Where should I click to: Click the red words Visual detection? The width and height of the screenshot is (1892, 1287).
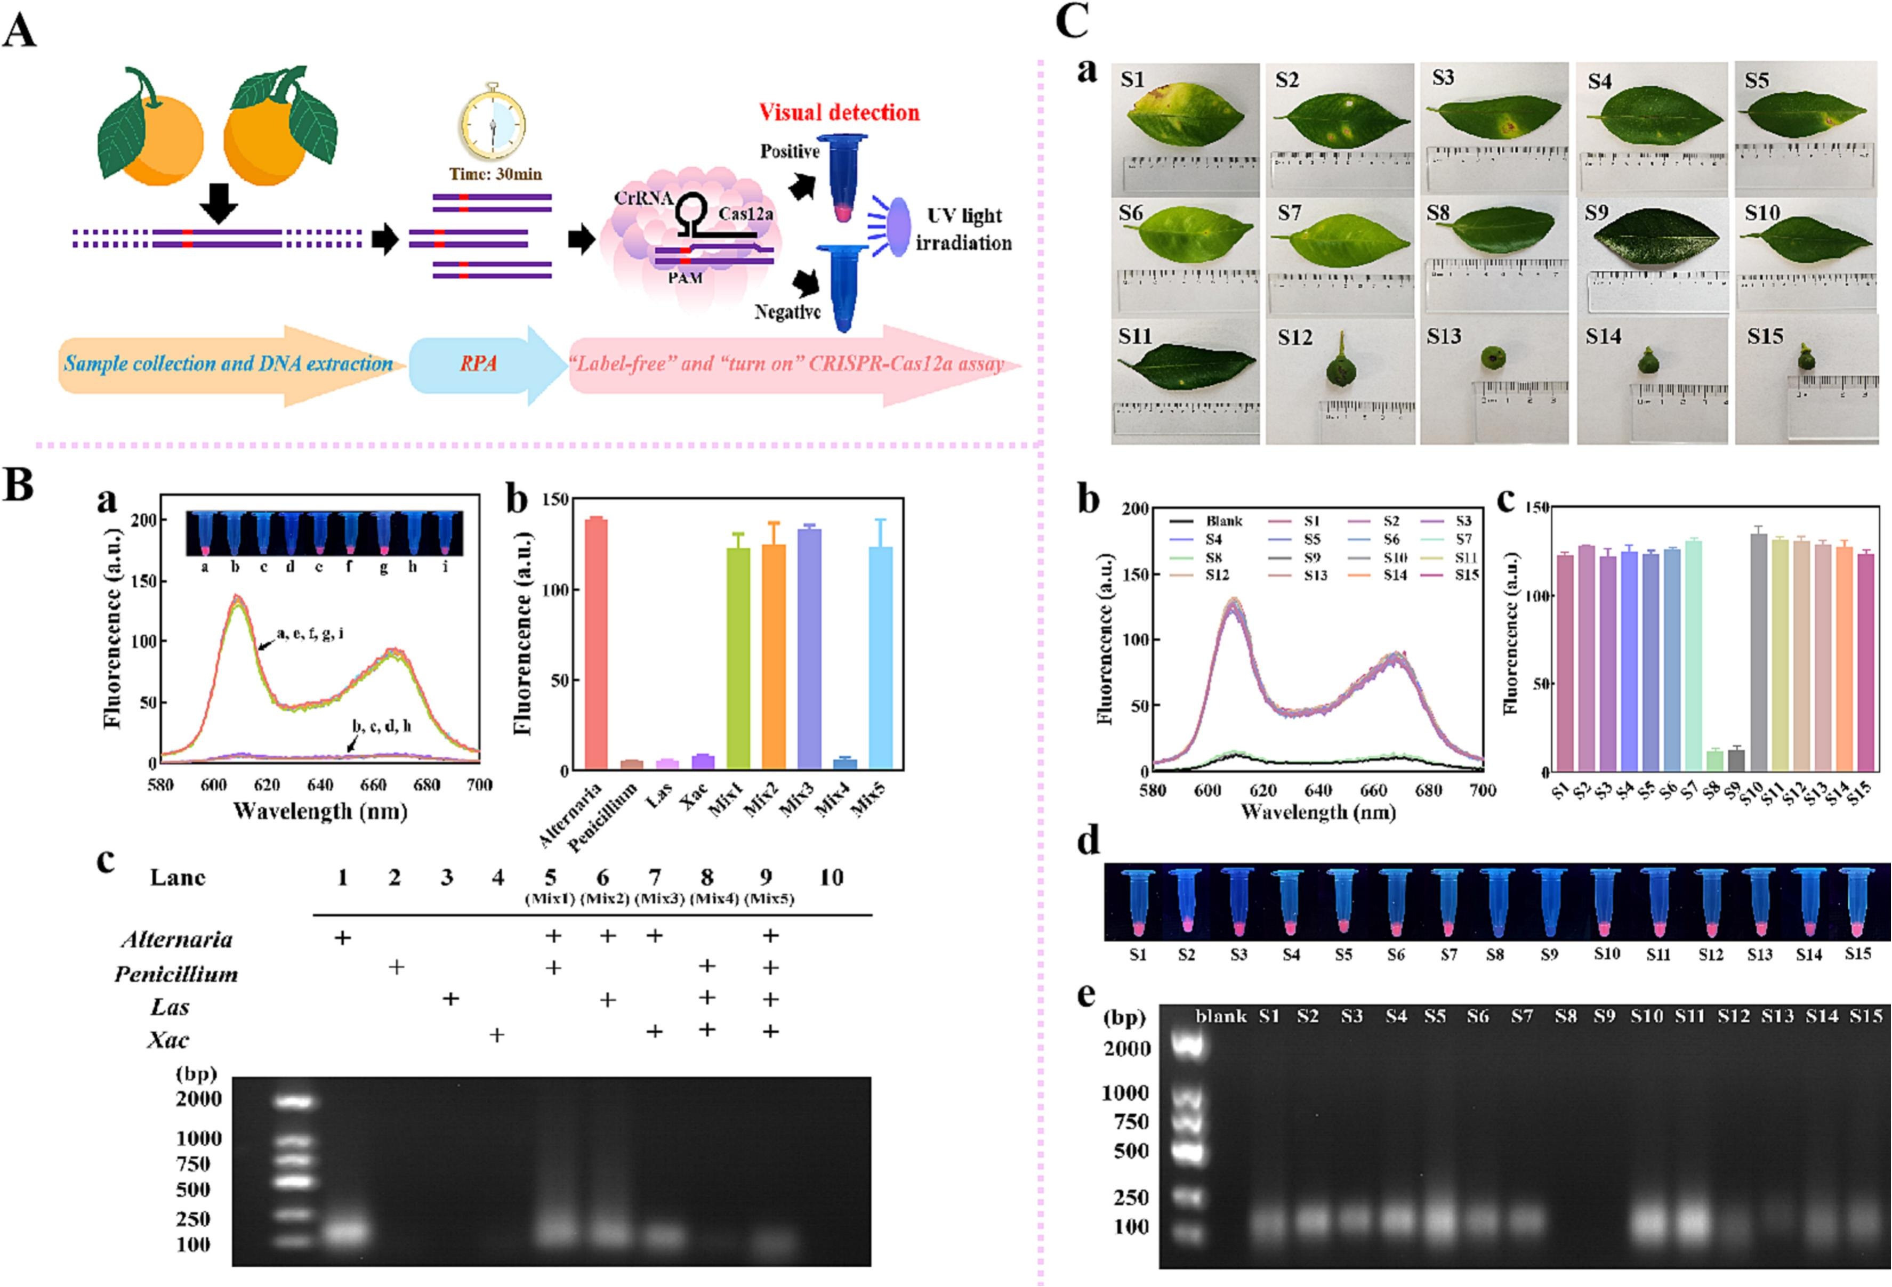[839, 112]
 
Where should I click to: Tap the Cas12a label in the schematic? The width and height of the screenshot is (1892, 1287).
[745, 213]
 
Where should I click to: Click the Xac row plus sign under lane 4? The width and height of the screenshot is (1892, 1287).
[497, 1034]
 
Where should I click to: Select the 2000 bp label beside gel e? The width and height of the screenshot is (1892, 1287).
[1127, 1048]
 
